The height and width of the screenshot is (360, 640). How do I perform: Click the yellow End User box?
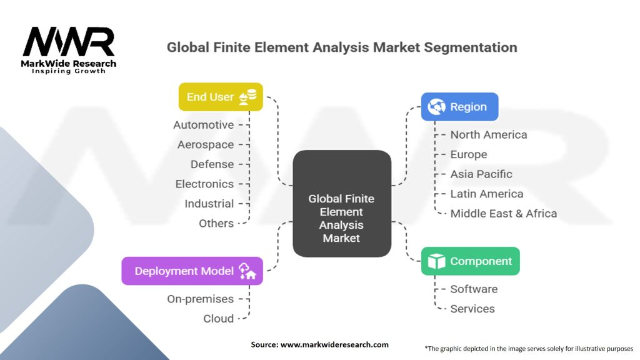[220, 97]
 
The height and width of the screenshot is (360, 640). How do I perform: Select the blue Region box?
[459, 107]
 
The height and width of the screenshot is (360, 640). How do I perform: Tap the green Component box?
[470, 261]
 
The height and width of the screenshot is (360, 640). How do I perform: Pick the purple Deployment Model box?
[192, 271]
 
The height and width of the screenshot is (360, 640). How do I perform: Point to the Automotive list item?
[204, 125]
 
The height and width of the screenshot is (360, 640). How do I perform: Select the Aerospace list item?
[206, 144]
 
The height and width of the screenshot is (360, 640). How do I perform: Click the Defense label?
[212, 164]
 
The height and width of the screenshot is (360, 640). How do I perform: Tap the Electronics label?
[204, 184]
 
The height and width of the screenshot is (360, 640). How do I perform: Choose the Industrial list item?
[209, 204]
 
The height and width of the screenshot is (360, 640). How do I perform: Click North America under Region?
[489, 134]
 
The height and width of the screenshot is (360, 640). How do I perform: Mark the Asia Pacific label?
[481, 174]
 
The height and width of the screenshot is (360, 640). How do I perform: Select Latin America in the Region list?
[487, 194]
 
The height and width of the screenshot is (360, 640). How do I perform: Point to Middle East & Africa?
[504, 213]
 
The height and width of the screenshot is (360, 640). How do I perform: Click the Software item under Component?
[474, 289]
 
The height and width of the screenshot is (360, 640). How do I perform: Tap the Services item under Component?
[472, 309]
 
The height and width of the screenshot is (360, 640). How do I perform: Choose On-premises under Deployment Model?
[200, 299]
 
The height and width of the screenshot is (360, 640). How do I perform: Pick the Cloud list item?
[219, 319]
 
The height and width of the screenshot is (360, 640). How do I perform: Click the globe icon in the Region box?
[436, 107]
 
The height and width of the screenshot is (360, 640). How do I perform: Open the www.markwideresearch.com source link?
[334, 344]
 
